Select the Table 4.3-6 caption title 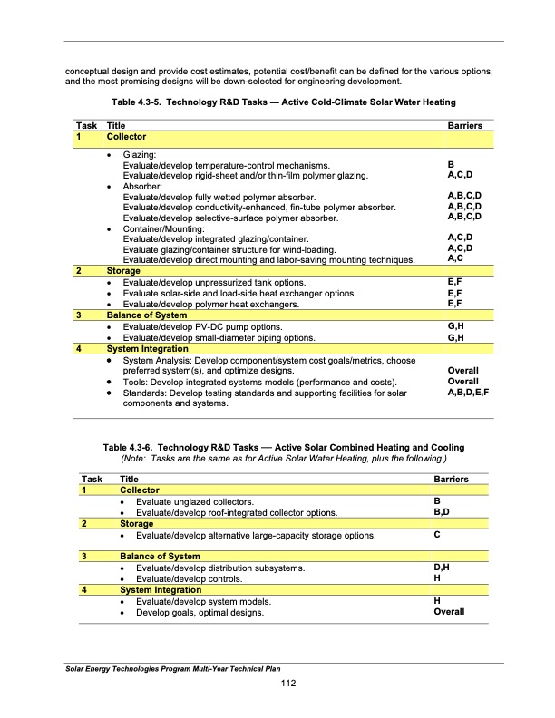[283, 448]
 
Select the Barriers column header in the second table [452, 478]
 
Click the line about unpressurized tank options [214, 284]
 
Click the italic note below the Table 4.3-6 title [283, 459]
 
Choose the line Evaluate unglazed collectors [194, 501]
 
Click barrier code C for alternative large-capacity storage [438, 536]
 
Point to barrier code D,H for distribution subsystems [443, 568]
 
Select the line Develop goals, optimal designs [205, 612]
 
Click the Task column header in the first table [87, 125]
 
